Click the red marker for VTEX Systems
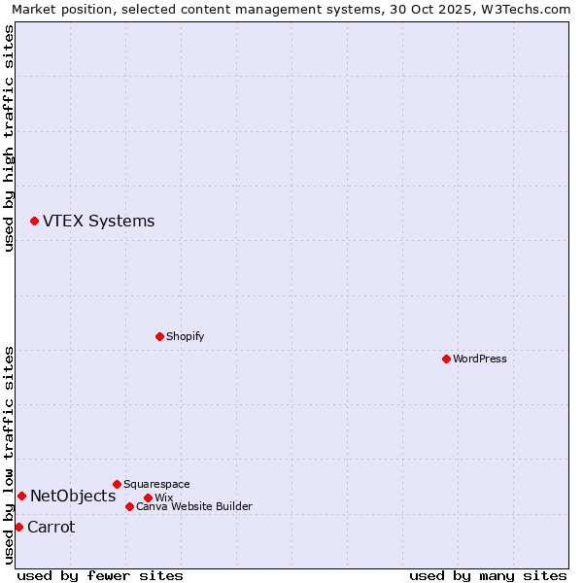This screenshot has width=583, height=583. click(34, 222)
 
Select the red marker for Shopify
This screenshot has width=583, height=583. click(159, 336)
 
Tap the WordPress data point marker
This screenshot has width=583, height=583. click(446, 359)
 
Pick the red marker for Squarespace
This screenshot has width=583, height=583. click(117, 484)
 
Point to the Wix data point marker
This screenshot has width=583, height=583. click(148, 497)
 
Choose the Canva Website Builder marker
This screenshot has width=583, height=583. click(129, 506)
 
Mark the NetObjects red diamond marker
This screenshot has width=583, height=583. click(21, 496)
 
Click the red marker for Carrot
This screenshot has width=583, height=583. click(18, 527)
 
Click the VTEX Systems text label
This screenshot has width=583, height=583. click(98, 221)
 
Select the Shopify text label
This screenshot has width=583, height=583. click(185, 336)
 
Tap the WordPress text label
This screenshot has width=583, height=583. click(479, 359)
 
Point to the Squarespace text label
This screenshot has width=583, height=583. click(156, 484)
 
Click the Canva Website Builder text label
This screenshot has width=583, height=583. click(193, 506)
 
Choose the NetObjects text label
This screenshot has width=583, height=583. click(73, 496)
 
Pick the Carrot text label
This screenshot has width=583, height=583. click(51, 527)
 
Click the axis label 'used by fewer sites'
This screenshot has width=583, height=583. click(100, 575)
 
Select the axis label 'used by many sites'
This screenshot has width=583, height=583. click(488, 575)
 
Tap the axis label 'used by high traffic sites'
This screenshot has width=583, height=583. click(9, 138)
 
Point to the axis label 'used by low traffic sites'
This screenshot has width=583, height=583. click(9, 455)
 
